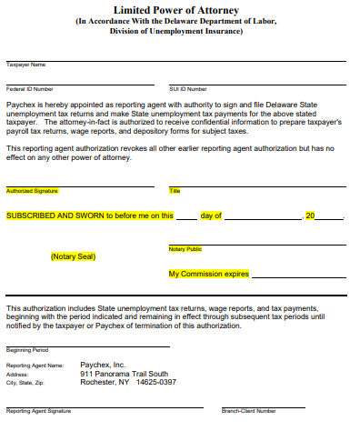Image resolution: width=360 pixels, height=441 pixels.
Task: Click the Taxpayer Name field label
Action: pos(25,65)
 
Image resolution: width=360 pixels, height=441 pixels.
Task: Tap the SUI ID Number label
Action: pos(188,89)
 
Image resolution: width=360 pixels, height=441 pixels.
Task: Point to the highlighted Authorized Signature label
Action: pos(32,191)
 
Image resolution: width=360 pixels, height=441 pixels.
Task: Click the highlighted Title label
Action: pos(175,191)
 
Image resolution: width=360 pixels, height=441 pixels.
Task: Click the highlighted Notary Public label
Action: pos(185,248)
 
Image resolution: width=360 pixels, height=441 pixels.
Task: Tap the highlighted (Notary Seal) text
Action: pos(73,256)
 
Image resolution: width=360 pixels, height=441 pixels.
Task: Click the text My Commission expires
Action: pos(208,274)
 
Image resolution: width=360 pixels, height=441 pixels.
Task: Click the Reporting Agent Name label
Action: pos(35,365)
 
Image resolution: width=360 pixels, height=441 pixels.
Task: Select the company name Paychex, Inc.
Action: pos(103,364)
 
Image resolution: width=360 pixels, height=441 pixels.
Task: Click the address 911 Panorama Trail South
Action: pos(124,374)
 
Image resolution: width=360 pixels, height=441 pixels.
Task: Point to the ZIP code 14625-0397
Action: pos(155,383)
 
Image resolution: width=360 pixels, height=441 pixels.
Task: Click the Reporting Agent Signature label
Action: pos(38,411)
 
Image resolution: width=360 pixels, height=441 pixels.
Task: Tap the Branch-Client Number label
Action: pos(249,411)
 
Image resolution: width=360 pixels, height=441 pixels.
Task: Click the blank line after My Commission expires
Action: pos(297,276)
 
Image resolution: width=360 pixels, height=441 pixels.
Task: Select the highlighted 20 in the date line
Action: pos(310,215)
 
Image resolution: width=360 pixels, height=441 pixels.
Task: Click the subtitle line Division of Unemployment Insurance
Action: pos(176,30)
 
